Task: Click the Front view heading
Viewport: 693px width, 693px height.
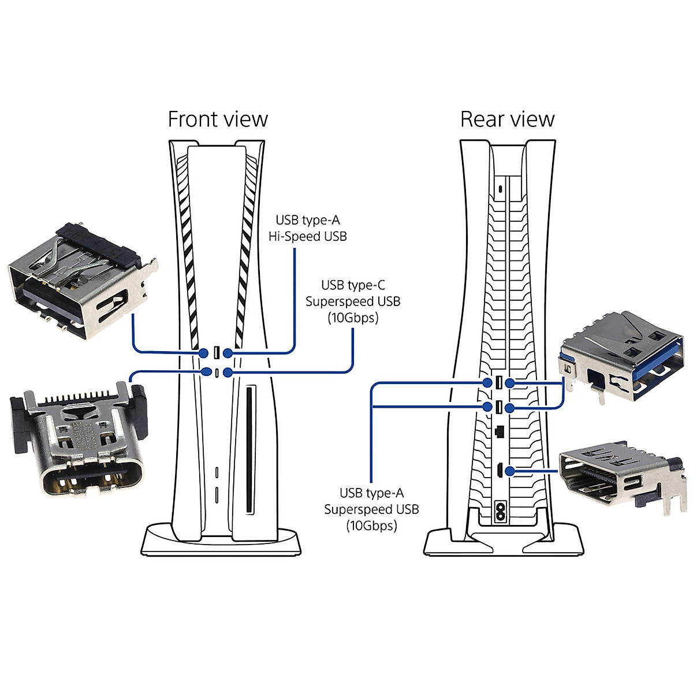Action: pyautogui.click(x=218, y=120)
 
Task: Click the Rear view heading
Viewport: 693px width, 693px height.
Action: pyautogui.click(x=507, y=120)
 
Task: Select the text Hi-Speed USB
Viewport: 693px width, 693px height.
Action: pyautogui.click(x=307, y=236)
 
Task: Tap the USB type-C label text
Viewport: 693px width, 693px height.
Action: pyautogui.click(x=353, y=285)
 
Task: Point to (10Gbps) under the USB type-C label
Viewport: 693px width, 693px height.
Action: pyautogui.click(x=353, y=318)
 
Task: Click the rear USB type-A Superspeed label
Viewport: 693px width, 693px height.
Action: pyautogui.click(x=371, y=509)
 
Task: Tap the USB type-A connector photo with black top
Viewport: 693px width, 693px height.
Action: pyautogui.click(x=81, y=280)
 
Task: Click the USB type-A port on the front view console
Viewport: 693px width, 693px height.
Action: pyautogui.click(x=216, y=352)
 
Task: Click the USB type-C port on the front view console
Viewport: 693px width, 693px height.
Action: pyautogui.click(x=216, y=372)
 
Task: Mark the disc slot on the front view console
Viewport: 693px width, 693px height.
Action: pyautogui.click(x=249, y=450)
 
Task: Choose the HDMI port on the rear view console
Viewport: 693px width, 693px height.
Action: pyautogui.click(x=497, y=471)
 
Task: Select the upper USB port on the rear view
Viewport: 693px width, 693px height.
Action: pyautogui.click(x=498, y=382)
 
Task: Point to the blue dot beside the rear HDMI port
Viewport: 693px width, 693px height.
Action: pyautogui.click(x=509, y=471)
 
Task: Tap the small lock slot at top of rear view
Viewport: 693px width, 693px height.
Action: pyautogui.click(x=500, y=188)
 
